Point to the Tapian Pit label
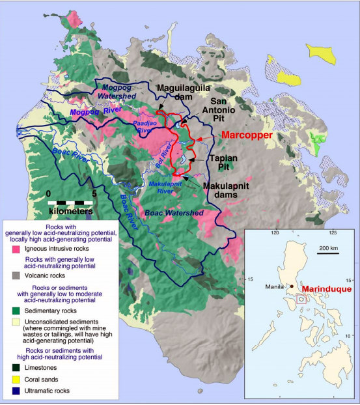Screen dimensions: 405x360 [229, 163]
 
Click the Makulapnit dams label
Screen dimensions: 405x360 [227, 191]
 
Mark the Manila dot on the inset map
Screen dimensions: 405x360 [292, 285]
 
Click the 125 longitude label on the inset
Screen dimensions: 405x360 [334, 232]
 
